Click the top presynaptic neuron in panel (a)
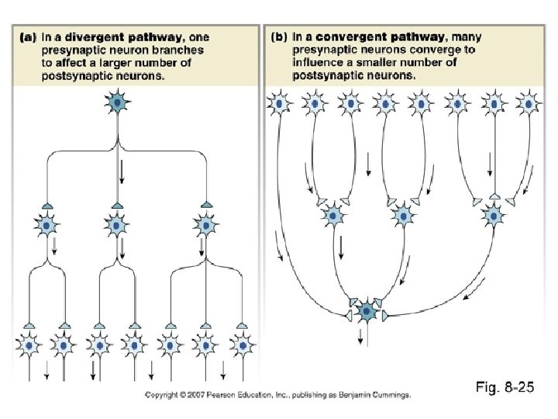[x=117, y=102]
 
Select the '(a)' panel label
[x=26, y=36]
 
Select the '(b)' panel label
[x=278, y=36]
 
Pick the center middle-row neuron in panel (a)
[x=117, y=226]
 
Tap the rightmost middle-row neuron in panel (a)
[x=205, y=226]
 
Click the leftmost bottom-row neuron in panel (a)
[x=28, y=344]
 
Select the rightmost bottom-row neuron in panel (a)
[x=242, y=344]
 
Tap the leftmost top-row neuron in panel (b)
[x=278, y=103]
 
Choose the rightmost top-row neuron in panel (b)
[x=528, y=103]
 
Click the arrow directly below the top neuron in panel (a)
[x=122, y=171]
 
